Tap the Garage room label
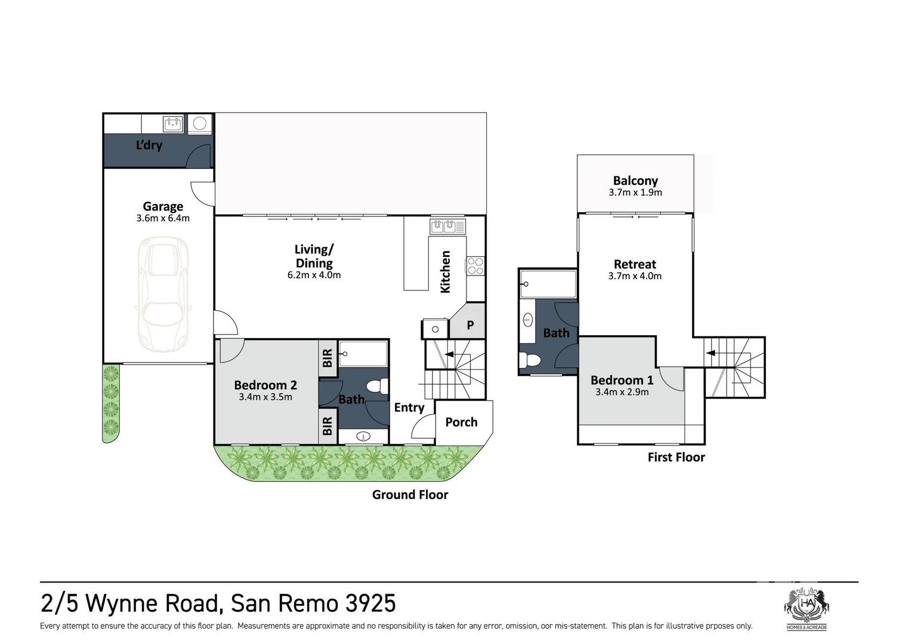(163, 206)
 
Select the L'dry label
(149, 145)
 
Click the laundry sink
(173, 123)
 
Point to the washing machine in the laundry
(199, 124)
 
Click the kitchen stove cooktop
(475, 266)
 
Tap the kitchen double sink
(447, 227)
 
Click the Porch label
(461, 422)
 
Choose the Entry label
(409, 408)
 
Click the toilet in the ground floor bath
(377, 387)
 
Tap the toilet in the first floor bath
(528, 360)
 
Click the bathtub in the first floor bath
(548, 284)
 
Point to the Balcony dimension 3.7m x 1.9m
(635, 193)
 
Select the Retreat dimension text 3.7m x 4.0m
(635, 276)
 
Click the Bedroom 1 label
(622, 380)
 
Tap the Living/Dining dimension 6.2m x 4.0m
(314, 275)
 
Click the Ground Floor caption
(410, 495)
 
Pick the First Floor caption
(676, 457)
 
